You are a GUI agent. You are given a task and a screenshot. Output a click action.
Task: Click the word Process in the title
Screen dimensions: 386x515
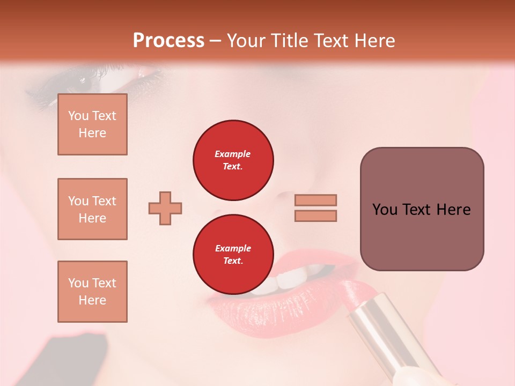[168, 41]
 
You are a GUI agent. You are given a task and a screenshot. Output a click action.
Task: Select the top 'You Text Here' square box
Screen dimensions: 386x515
[92, 124]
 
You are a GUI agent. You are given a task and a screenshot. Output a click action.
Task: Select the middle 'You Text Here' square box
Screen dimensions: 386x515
[92, 209]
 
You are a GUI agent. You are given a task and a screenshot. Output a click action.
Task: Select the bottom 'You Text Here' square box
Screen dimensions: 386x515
[92, 291]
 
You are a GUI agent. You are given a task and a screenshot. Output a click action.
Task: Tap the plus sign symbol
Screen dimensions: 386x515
[165, 208]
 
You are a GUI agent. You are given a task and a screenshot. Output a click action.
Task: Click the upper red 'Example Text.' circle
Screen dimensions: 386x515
[233, 160]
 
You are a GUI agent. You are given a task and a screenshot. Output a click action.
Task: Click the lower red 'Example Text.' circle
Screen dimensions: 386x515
[233, 254]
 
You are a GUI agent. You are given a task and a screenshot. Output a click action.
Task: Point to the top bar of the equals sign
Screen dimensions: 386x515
[316, 200]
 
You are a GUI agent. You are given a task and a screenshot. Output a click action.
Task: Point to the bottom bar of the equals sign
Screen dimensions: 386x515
[316, 216]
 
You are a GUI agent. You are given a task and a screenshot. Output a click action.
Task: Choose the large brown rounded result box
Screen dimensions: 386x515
[422, 209]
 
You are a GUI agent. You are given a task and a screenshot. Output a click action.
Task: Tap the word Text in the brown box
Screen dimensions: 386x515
[421, 210]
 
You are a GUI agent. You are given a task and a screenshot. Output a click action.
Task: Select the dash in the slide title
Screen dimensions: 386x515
[216, 41]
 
